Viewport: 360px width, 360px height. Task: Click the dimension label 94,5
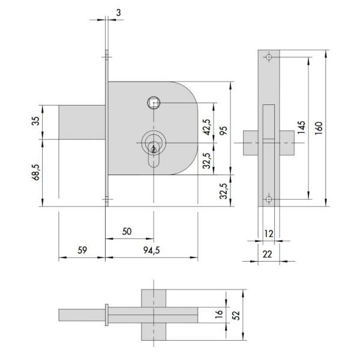152,250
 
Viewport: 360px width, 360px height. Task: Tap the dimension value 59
82,250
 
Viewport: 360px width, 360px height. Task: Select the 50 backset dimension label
127,232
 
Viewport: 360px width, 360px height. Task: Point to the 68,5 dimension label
36,173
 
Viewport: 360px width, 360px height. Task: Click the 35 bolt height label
35,121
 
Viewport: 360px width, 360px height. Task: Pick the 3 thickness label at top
118,13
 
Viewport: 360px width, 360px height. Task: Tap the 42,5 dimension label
208,127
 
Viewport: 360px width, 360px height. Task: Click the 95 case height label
223,130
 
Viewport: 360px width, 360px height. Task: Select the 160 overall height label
319,128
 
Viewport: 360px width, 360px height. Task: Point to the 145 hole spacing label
301,127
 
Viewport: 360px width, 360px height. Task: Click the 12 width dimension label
269,234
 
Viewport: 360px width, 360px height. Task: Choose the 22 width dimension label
267,254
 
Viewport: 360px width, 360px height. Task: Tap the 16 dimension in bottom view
219,314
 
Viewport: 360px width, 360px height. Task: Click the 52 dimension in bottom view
236,315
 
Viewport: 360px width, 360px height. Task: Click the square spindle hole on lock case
154,103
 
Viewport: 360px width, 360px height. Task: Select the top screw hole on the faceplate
269,57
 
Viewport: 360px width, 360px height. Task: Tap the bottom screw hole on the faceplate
269,199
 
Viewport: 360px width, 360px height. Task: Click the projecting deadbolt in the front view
82,122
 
